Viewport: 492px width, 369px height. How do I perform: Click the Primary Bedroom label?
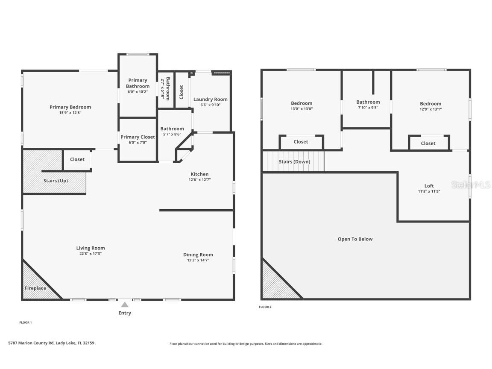pyautogui.click(x=70, y=107)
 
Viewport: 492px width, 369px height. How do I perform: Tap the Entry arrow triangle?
pyautogui.click(x=125, y=305)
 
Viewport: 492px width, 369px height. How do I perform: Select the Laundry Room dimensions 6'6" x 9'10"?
pyautogui.click(x=211, y=105)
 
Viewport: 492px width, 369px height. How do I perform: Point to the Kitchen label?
pyautogui.click(x=199, y=174)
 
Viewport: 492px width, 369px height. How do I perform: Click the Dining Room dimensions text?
pyautogui.click(x=198, y=260)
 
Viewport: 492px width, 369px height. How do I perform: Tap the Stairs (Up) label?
pyautogui.click(x=56, y=181)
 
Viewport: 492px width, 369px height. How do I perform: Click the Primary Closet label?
pyautogui.click(x=138, y=137)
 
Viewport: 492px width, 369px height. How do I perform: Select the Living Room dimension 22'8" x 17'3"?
pyautogui.click(x=91, y=254)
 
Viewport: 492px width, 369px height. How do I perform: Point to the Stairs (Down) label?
pyautogui.click(x=295, y=161)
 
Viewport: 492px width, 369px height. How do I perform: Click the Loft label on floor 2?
pyautogui.click(x=429, y=186)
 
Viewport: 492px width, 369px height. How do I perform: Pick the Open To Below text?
pyautogui.click(x=355, y=239)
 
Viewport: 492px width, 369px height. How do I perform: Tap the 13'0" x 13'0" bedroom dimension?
pyautogui.click(x=302, y=109)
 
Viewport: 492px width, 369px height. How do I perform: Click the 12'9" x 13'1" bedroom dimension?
pyautogui.click(x=430, y=109)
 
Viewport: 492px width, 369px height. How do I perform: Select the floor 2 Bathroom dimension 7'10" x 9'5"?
pyautogui.click(x=368, y=107)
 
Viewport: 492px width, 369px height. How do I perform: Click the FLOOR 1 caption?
pyautogui.click(x=26, y=322)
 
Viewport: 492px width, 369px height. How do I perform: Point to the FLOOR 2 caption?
pyautogui.click(x=265, y=307)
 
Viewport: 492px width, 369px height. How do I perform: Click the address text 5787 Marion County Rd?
pyautogui.click(x=31, y=343)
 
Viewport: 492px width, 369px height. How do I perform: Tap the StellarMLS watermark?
pyautogui.click(x=471, y=185)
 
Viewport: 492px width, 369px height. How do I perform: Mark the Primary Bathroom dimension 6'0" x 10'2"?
pyautogui.click(x=138, y=92)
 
